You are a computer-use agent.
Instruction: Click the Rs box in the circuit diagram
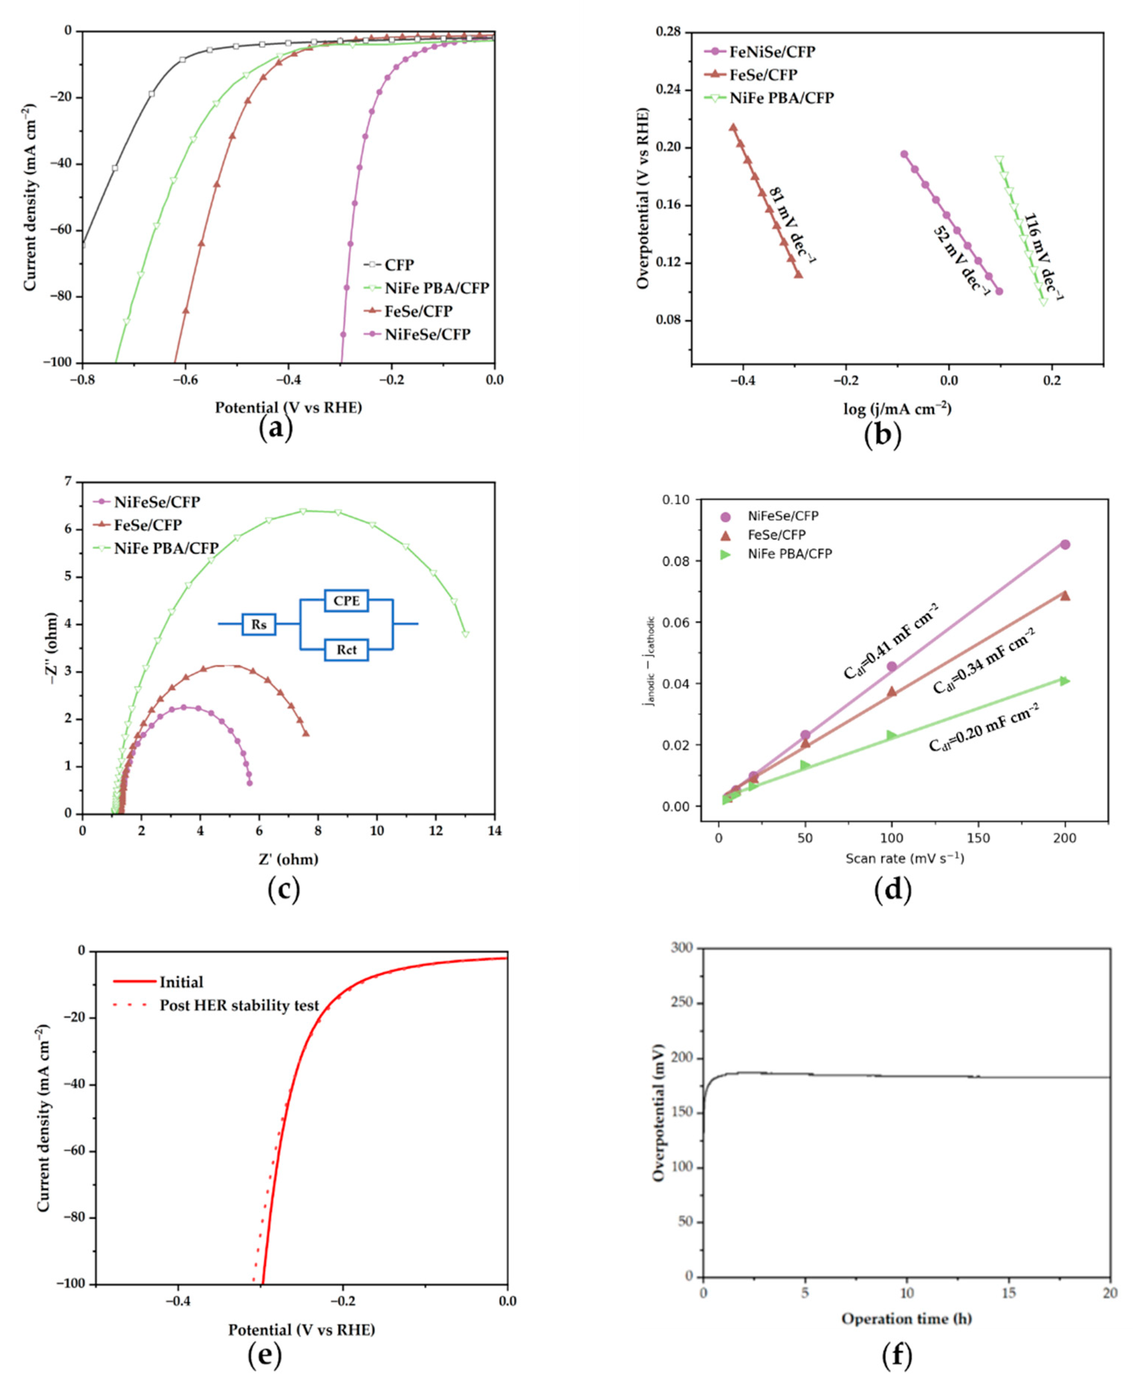click(x=259, y=624)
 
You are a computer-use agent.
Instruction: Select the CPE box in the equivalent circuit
click(x=347, y=600)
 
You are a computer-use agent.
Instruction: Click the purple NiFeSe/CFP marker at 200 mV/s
click(x=1064, y=545)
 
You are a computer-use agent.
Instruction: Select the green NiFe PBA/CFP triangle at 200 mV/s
click(x=1064, y=681)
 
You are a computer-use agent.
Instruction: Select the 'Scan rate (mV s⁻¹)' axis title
click(x=905, y=858)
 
